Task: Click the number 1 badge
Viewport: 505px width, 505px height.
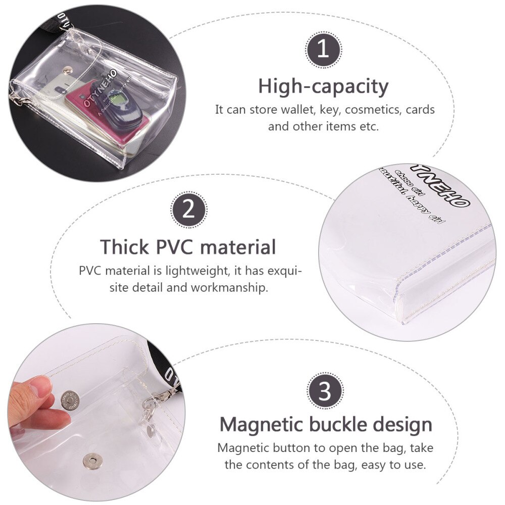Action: [x=323, y=49]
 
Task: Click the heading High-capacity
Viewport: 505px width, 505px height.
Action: [x=323, y=86]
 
